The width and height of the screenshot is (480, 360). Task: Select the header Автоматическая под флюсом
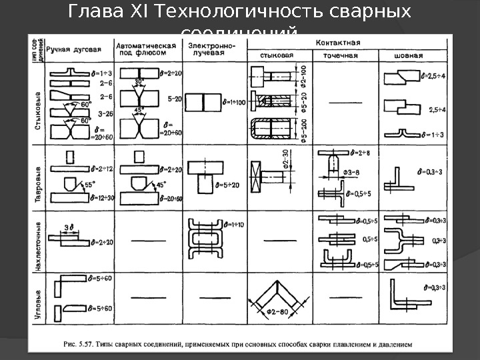(x=147, y=49)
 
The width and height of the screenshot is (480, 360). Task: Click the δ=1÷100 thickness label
(x=234, y=102)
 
